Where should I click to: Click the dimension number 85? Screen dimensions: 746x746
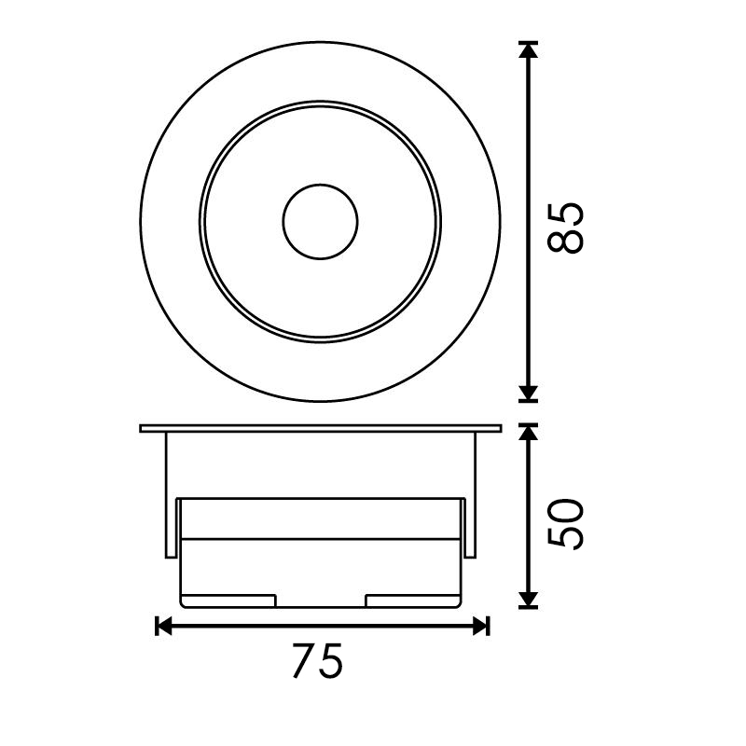click(565, 228)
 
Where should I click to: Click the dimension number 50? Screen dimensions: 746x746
click(565, 524)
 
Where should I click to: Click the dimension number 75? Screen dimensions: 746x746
click(317, 661)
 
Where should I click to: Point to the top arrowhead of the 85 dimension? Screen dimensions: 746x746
click(528, 50)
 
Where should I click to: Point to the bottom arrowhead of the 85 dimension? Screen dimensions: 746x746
click(528, 394)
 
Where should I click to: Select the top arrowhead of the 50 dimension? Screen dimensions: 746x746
click(528, 432)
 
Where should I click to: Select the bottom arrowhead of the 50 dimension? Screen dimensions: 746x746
click(528, 600)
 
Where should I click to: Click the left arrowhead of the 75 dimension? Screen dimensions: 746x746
click(164, 626)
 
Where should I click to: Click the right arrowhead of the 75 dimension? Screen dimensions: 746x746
click(481, 626)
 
